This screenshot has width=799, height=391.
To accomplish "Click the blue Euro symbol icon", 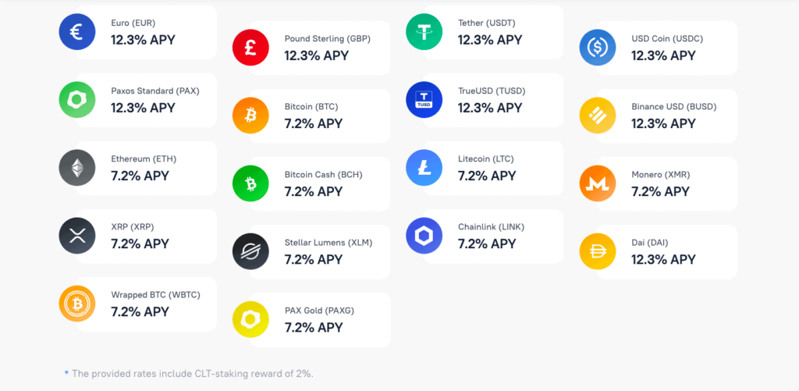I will (x=77, y=32).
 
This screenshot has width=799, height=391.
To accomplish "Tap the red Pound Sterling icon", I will (x=250, y=48).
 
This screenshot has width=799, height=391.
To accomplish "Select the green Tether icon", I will (x=424, y=32).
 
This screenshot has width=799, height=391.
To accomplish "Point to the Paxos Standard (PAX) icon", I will (x=77, y=100).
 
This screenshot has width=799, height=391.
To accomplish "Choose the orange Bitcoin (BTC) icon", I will (x=250, y=116).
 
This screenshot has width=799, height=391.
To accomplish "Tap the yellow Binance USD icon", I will (x=598, y=116).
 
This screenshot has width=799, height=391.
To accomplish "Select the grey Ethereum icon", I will (x=77, y=168).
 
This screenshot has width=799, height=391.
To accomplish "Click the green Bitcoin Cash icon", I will (x=250, y=183).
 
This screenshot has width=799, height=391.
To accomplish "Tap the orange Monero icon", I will (x=598, y=183).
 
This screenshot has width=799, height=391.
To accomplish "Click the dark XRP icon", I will (x=77, y=236).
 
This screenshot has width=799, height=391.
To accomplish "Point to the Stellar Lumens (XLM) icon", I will (x=250, y=251).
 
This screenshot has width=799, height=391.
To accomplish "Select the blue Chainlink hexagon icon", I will (x=424, y=236).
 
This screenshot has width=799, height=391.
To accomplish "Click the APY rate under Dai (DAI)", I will (x=663, y=259).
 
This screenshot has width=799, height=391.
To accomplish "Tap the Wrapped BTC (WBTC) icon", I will (x=77, y=304).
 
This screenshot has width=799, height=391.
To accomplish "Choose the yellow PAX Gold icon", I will (x=250, y=319).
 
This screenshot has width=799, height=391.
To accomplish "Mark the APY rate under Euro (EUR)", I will (x=143, y=40).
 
